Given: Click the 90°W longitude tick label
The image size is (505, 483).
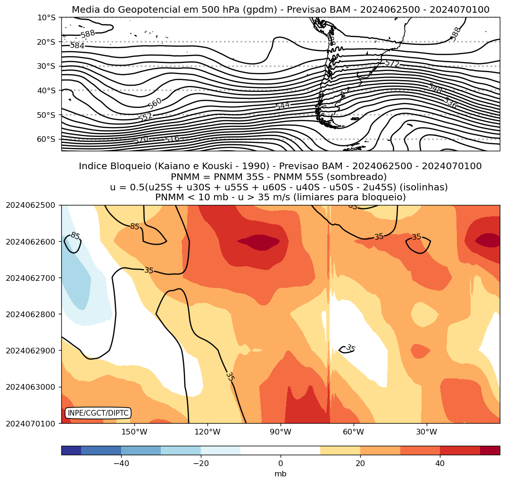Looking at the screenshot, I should click(x=281, y=432).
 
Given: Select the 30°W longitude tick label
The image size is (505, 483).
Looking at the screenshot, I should click(x=426, y=432).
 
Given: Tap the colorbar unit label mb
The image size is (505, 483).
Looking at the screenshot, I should click(x=281, y=474).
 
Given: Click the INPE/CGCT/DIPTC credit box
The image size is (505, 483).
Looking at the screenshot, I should click(x=98, y=413).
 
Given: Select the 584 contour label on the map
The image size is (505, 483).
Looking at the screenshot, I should click(x=77, y=46).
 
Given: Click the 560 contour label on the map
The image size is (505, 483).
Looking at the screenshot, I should click(x=155, y=103).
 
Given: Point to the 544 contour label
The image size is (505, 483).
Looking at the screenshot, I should click(x=282, y=106).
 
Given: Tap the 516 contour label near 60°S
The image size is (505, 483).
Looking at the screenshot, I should click(x=172, y=139).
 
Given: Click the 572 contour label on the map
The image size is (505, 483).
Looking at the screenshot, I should click(x=392, y=63).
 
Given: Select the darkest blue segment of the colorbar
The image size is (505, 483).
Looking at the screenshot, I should click(x=71, y=450).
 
